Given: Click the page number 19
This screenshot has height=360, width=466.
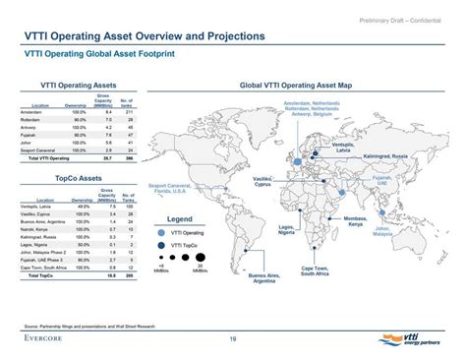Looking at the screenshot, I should coord(232,339).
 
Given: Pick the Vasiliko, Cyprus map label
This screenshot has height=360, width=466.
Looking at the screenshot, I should coord(283,179).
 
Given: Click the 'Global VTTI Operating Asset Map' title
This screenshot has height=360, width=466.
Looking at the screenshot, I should coord(302,87).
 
